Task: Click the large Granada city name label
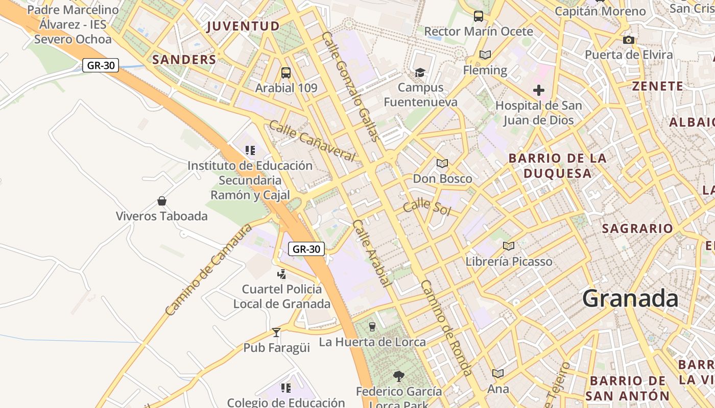pos(630,298)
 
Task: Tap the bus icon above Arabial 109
pos(286,72)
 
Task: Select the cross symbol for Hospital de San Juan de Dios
pos(539,91)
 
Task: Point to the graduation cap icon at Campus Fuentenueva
pos(420,72)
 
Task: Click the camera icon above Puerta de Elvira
pos(629,40)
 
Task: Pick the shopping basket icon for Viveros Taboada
pos(162,201)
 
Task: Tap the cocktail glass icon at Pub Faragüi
pos(276,333)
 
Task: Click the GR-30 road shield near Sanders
pos(101,65)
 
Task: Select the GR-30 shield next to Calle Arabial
pos(306,249)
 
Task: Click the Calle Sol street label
pos(427,207)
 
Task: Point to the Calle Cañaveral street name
pos(312,141)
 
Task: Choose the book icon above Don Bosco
pos(442,164)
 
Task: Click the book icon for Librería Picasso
pos(509,246)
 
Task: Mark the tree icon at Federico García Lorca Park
pos(399,376)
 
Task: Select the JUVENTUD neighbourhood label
pos(243,27)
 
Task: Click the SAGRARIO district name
pos(637,228)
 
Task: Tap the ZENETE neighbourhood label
pos(658,86)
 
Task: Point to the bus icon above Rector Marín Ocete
pos(479,16)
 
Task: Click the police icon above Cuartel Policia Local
pos(281,274)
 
